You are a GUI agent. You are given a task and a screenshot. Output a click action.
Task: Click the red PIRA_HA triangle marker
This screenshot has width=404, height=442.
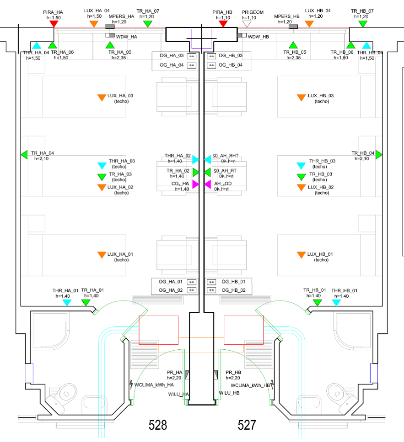coord(54,23)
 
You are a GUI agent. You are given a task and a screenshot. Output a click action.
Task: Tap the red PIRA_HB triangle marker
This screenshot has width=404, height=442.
coord(223,23)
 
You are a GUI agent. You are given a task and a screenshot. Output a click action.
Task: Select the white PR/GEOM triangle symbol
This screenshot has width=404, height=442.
coord(247,24)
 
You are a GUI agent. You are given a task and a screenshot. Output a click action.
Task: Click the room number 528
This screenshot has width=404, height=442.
coord(158,425)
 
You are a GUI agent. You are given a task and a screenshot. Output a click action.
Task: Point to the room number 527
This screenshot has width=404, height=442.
coord(247,425)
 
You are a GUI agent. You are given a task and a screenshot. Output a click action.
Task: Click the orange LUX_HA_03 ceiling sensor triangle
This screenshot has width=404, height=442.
coord(102,97)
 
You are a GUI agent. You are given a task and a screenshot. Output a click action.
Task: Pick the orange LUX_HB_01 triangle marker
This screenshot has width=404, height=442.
coord(301,255)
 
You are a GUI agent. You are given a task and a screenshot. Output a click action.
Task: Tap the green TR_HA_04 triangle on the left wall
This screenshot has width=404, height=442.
coord(24,154)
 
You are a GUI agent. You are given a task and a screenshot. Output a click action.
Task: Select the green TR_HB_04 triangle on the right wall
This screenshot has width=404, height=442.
coord(379,155)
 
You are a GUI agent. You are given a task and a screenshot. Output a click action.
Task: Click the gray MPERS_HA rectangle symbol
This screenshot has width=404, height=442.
coord(110,26)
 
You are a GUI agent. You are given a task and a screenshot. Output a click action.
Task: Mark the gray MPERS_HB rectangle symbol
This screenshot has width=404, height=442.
coord(293,26)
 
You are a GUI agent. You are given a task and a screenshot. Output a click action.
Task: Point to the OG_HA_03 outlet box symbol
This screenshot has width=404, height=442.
coord(192,56)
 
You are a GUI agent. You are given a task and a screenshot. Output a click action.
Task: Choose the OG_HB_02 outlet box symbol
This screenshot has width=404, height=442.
coord(211,290)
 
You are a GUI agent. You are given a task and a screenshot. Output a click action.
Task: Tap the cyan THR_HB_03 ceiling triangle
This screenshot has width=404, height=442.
coord(301,166)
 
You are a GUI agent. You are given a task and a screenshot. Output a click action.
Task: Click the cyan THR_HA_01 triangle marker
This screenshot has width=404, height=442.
coord(67,302)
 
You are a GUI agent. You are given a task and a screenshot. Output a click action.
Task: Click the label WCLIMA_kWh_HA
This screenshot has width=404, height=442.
coord(154,384)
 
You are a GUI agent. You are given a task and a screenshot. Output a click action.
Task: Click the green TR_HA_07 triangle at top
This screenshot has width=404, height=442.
coord(147,23)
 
